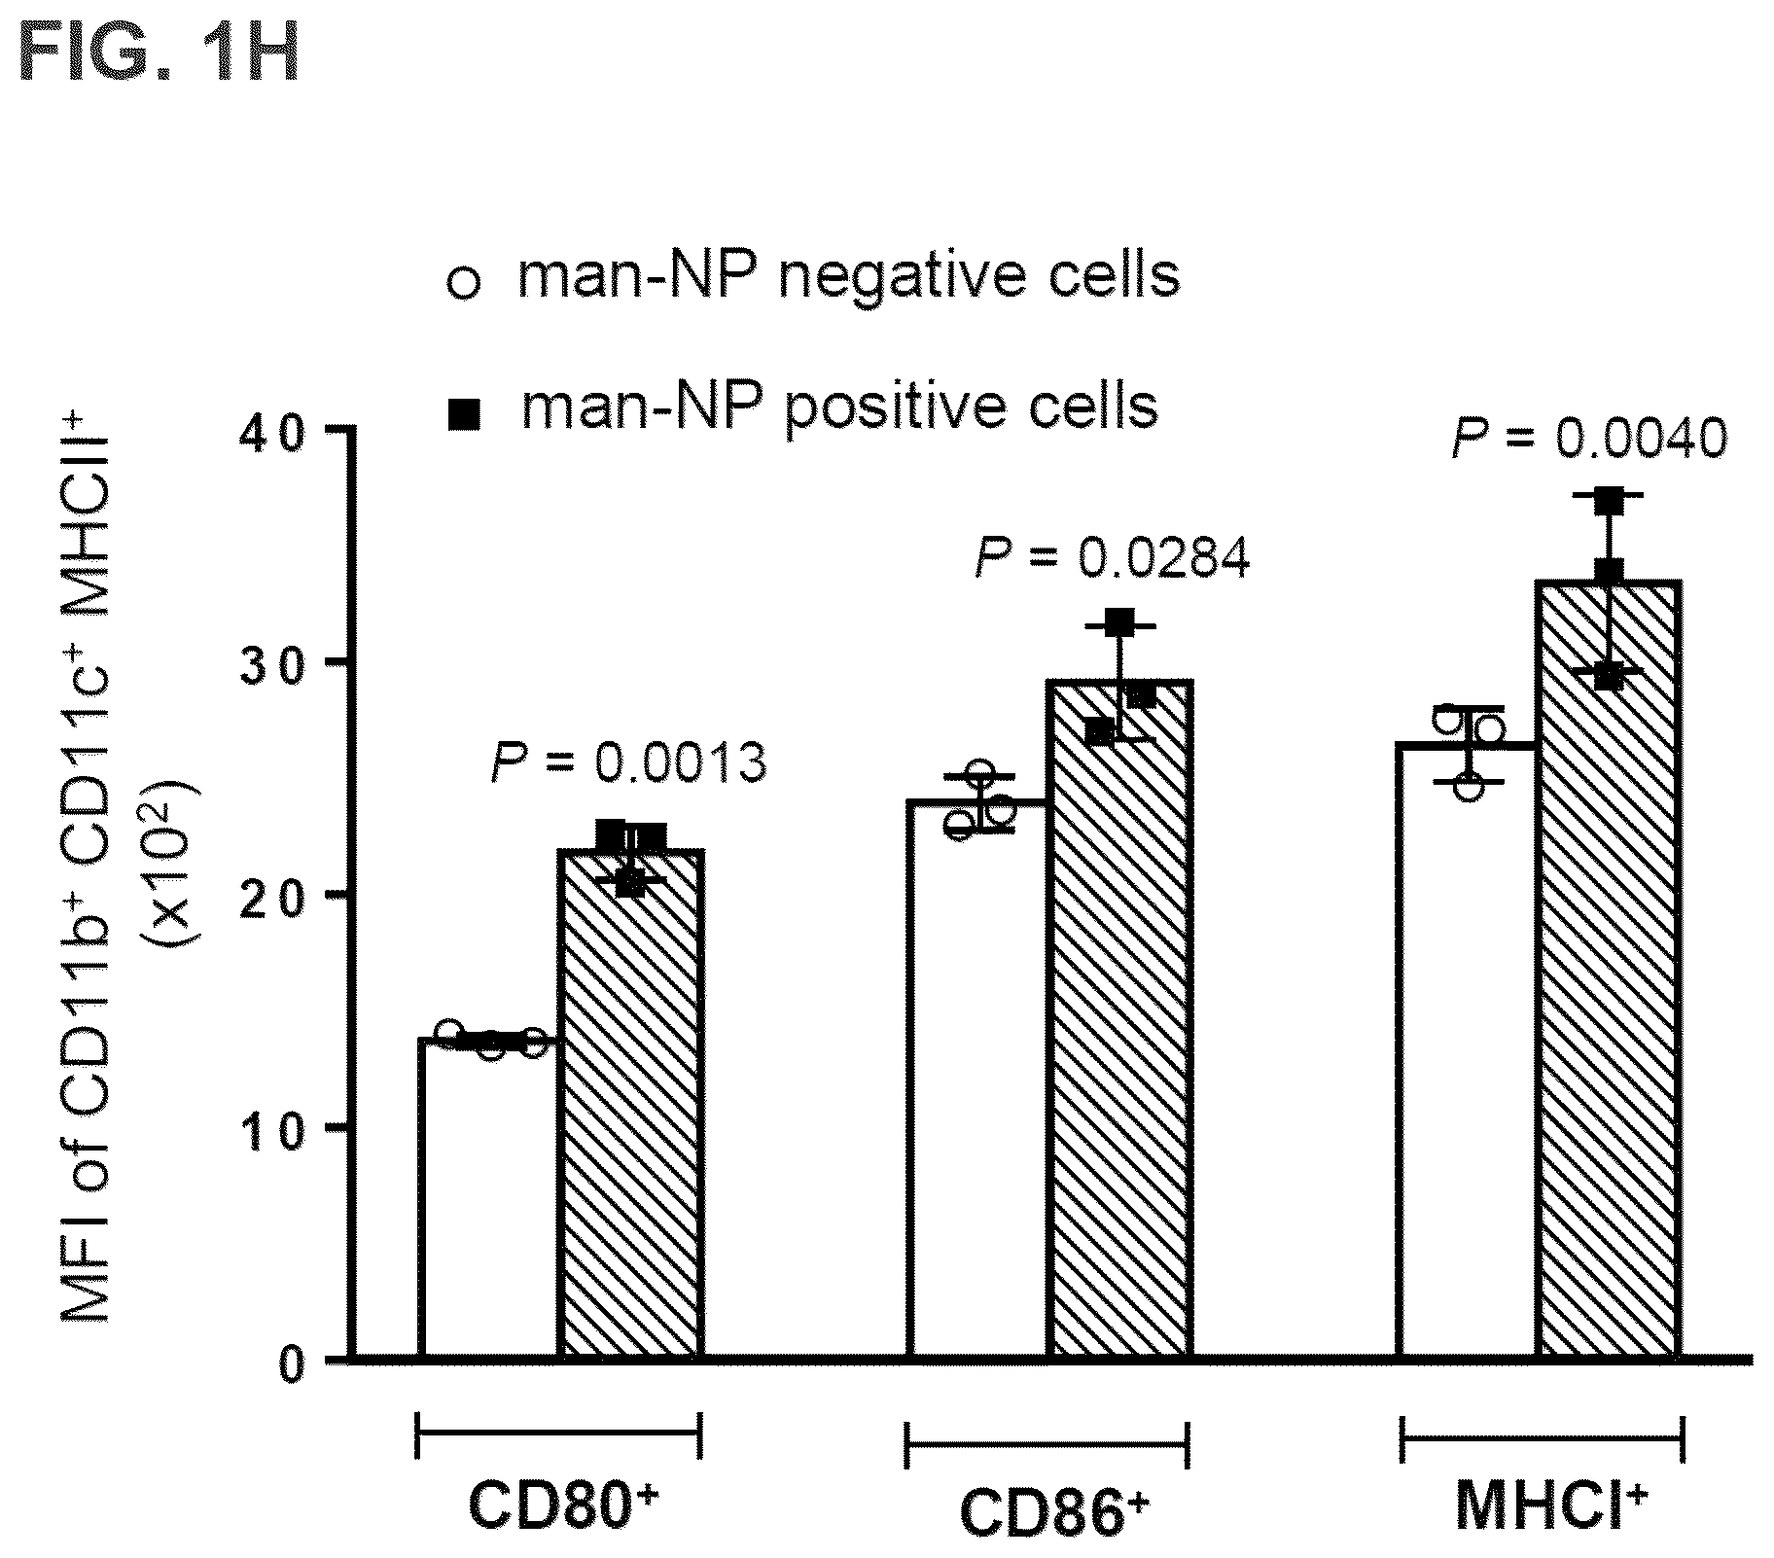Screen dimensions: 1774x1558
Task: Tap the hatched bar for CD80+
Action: (x=632, y=1103)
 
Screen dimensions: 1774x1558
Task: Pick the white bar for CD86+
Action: (x=977, y=1079)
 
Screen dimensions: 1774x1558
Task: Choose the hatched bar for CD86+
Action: (x=1119, y=1019)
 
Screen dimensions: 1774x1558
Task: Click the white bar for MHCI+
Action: (x=1468, y=1050)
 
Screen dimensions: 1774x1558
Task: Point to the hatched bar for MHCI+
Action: (x=1610, y=970)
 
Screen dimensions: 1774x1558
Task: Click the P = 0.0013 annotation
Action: (x=628, y=762)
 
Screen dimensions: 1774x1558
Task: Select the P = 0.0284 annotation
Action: (x=1113, y=558)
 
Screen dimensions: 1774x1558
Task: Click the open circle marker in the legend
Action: (x=464, y=284)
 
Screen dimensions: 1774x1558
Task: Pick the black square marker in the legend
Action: (x=464, y=415)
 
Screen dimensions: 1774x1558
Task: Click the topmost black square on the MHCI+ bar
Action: (x=1610, y=501)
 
